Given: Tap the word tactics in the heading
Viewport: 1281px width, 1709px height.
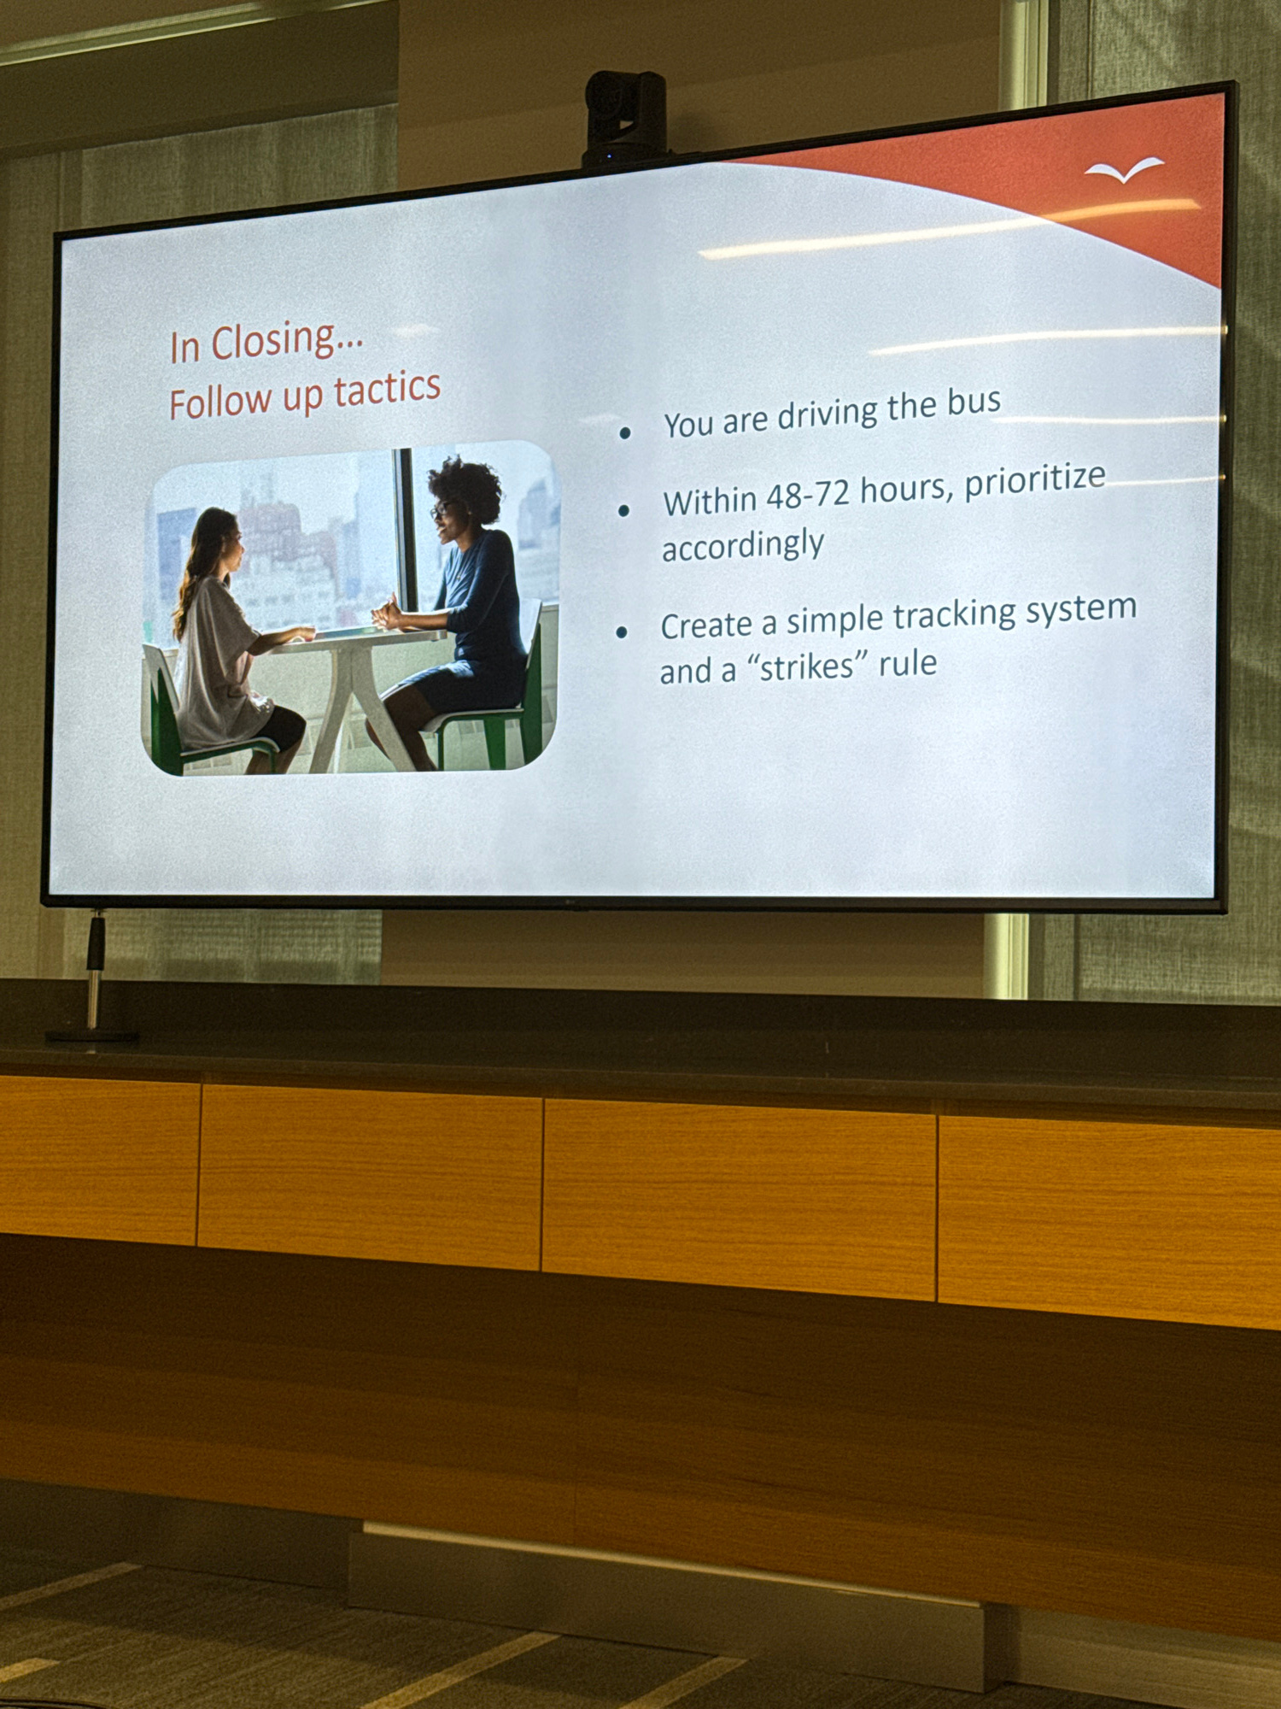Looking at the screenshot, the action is pos(387,390).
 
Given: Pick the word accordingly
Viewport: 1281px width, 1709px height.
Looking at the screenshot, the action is pos(743,546).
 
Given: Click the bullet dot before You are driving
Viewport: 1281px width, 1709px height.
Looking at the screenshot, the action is pos(625,433).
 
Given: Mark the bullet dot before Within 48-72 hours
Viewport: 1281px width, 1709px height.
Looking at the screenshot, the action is pos(623,511).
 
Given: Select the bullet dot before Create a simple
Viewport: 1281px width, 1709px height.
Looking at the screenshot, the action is pos(622,632).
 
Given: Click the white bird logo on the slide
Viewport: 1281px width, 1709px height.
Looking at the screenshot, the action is pos(1124,169).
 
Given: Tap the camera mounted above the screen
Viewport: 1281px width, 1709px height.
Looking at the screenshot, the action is pos(625,118).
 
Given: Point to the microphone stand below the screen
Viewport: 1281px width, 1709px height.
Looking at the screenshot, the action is pos(93,978).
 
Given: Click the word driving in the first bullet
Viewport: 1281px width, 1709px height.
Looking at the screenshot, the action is pos(827,414).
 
